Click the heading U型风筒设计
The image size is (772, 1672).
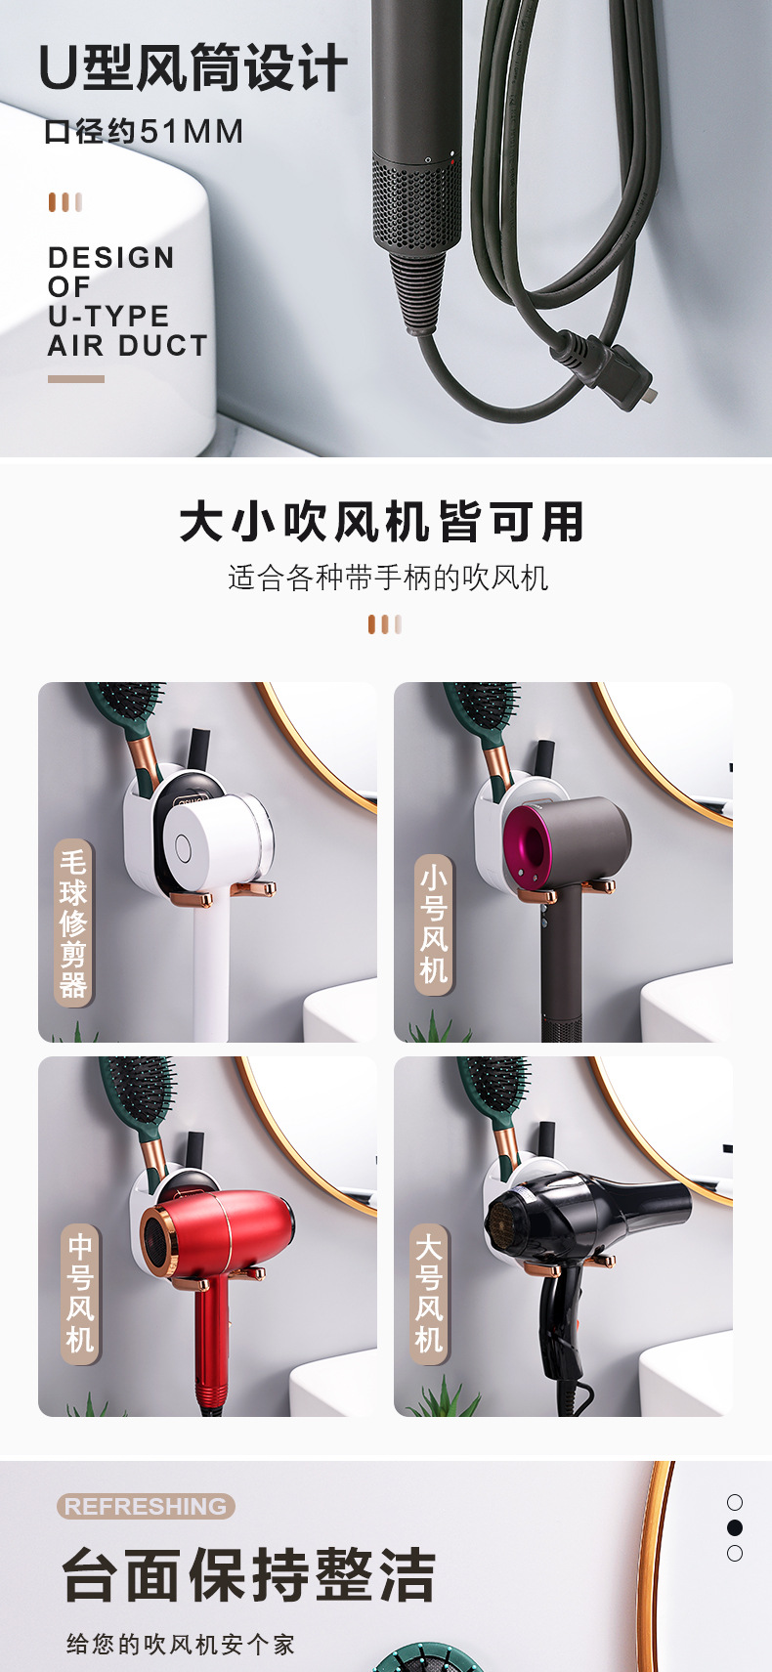(x=193, y=68)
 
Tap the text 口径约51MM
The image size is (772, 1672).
(x=144, y=131)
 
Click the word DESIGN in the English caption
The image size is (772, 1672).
(x=111, y=258)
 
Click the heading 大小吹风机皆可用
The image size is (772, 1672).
(x=381, y=521)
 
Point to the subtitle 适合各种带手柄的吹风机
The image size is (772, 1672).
(x=388, y=578)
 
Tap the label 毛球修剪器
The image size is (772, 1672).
(x=73, y=922)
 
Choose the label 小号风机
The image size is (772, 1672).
(x=434, y=924)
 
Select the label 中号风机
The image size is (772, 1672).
(x=80, y=1294)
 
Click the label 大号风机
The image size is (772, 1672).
(x=429, y=1294)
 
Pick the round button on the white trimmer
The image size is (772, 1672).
(x=183, y=847)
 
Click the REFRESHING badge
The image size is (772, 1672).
(x=146, y=1506)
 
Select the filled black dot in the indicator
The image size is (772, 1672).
(x=735, y=1527)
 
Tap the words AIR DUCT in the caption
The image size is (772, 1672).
(x=128, y=346)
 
